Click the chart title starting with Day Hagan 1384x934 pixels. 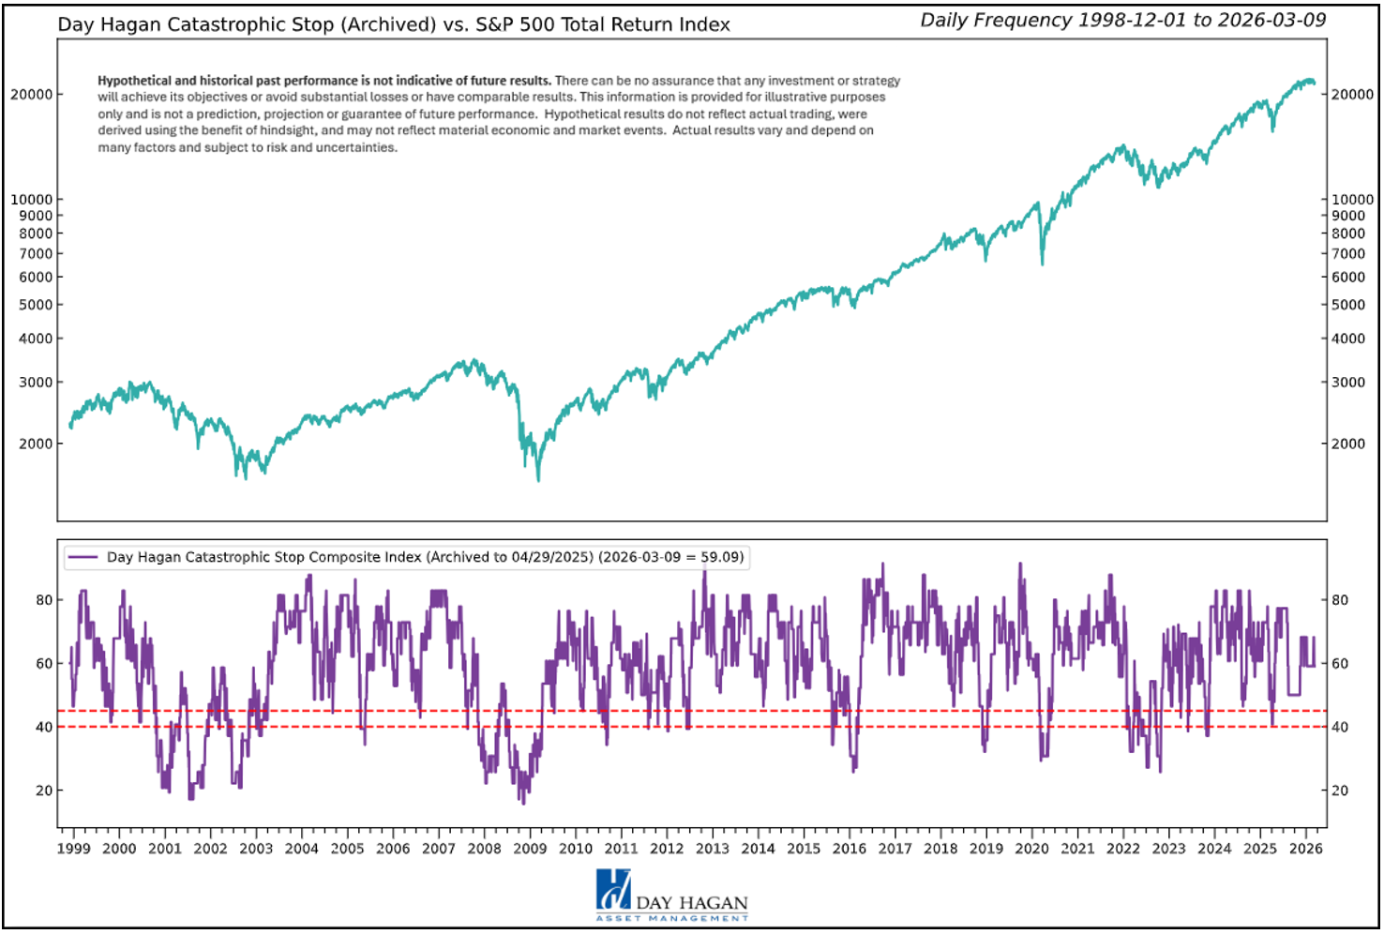(x=394, y=24)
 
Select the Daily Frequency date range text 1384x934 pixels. (x=1122, y=21)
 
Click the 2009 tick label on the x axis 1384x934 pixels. (x=530, y=849)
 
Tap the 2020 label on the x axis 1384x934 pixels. (x=1031, y=849)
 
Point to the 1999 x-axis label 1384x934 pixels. (x=73, y=849)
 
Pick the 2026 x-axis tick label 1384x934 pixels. (x=1305, y=849)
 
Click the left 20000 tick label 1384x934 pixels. (x=31, y=95)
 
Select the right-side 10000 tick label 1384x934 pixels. (x=1353, y=200)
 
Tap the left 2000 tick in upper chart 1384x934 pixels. (x=36, y=444)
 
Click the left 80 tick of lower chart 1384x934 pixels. (x=44, y=600)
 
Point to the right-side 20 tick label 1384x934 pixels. (x=1341, y=791)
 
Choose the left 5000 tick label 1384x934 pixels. (x=36, y=305)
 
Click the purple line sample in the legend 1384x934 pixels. (x=83, y=557)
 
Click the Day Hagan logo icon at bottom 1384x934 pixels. (x=613, y=889)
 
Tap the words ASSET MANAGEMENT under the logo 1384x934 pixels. (x=672, y=919)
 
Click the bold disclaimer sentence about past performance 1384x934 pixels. (x=324, y=81)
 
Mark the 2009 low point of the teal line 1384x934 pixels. (x=538, y=480)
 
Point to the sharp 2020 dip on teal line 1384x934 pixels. (x=1042, y=264)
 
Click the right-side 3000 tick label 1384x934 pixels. (x=1348, y=383)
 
